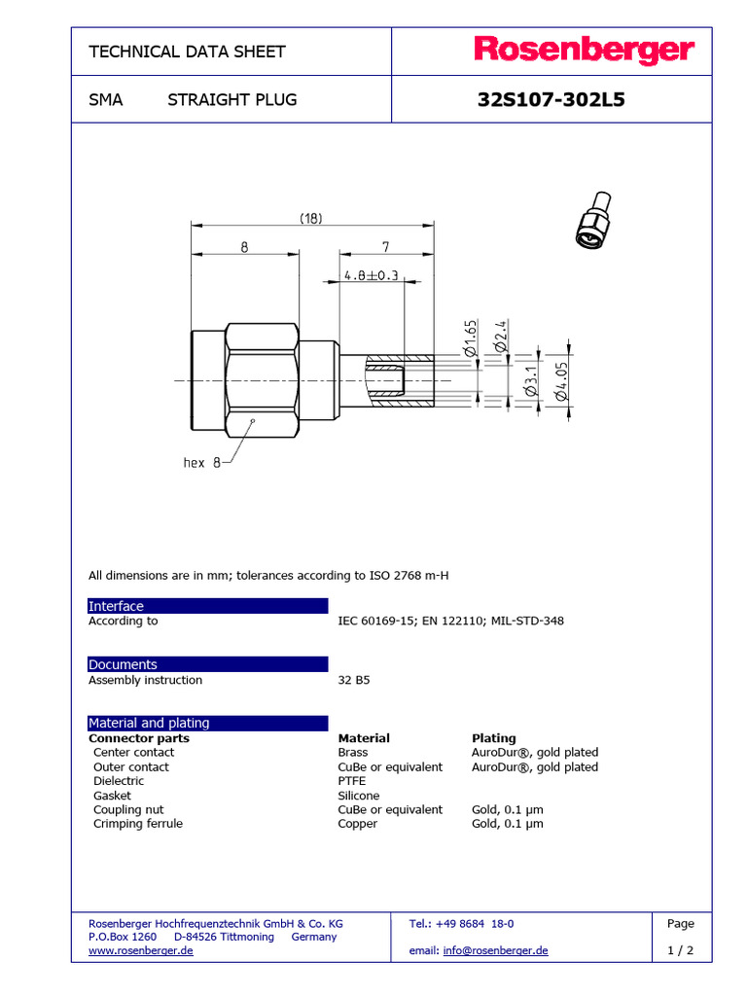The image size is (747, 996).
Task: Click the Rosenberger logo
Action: (x=584, y=51)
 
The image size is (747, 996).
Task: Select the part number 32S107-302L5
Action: (x=551, y=99)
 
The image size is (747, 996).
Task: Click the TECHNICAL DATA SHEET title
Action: (x=187, y=52)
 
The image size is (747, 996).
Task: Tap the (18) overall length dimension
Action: (x=309, y=219)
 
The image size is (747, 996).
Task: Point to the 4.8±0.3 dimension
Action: (x=371, y=275)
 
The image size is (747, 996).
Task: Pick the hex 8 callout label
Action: (x=202, y=463)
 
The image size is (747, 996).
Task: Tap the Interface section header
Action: (x=116, y=606)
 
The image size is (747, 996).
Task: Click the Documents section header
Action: (x=123, y=664)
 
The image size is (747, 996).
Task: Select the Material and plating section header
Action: (x=149, y=723)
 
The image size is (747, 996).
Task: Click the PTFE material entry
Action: (x=353, y=781)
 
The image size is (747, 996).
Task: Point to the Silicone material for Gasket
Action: (x=359, y=796)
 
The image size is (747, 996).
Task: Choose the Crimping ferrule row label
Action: (x=137, y=824)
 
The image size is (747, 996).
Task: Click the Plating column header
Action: (x=493, y=738)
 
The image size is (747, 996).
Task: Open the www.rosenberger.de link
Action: (x=140, y=950)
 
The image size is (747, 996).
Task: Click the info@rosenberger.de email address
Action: (x=495, y=950)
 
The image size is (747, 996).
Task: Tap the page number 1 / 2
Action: (x=681, y=951)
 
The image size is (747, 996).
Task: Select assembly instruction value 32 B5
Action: (x=353, y=680)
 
